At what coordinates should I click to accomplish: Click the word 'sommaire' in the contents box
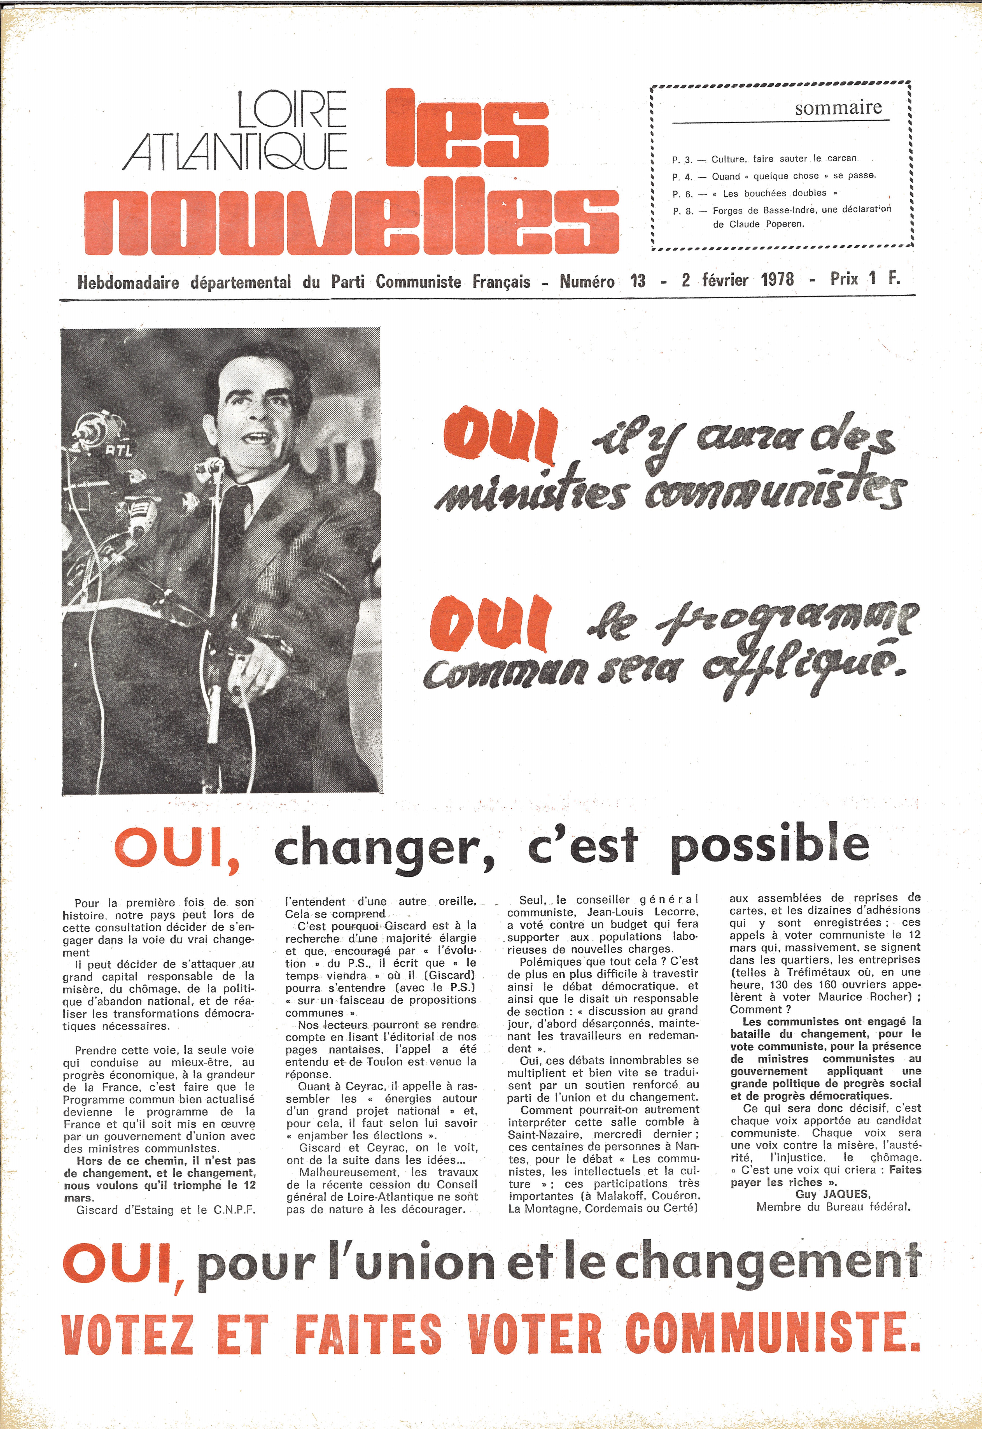(x=838, y=108)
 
